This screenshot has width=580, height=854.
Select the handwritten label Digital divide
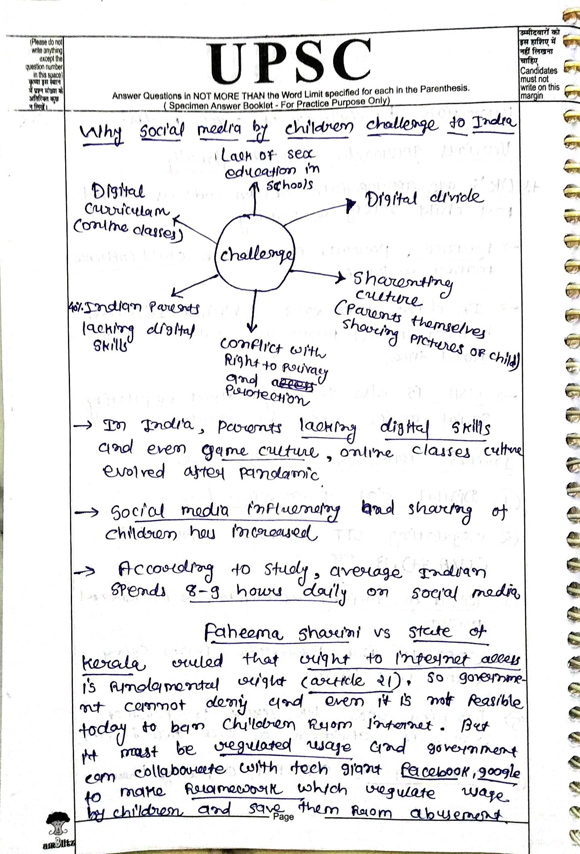click(x=423, y=198)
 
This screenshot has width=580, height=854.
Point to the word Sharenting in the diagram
click(x=402, y=280)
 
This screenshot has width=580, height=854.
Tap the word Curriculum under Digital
click(x=127, y=210)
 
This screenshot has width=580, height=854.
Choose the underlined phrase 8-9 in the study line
click(x=202, y=593)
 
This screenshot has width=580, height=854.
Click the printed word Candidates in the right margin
click(x=538, y=70)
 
